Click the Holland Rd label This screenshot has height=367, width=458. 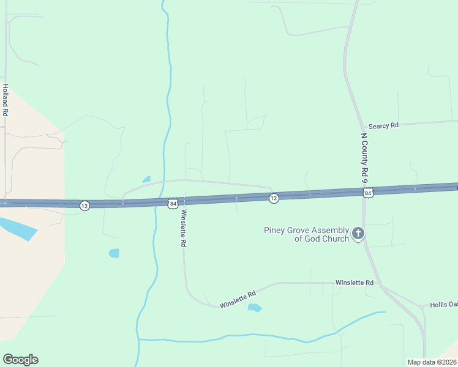(x=5, y=100)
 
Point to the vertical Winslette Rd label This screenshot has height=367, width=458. (x=182, y=228)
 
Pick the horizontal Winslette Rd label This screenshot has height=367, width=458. (x=354, y=283)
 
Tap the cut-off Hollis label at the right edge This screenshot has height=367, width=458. (x=443, y=304)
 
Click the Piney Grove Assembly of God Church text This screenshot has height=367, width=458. (x=306, y=234)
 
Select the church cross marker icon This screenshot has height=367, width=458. (x=358, y=234)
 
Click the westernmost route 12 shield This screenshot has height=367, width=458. (x=84, y=206)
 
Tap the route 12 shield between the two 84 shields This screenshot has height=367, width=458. (x=274, y=198)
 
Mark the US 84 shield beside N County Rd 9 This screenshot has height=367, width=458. (x=367, y=193)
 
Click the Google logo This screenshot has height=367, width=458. (x=20, y=360)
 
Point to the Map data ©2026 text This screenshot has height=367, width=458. (x=432, y=362)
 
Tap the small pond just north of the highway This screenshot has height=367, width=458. (x=146, y=179)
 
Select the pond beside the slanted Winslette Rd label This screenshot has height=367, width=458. (x=255, y=308)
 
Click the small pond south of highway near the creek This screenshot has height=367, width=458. (x=114, y=253)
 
